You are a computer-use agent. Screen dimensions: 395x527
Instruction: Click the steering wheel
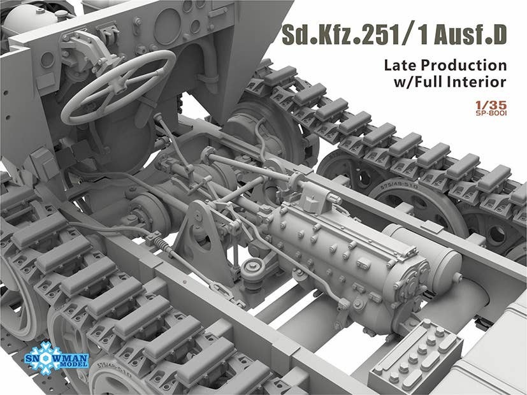coord(119,86)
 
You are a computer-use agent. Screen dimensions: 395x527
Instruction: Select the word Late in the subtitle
coord(401,65)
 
